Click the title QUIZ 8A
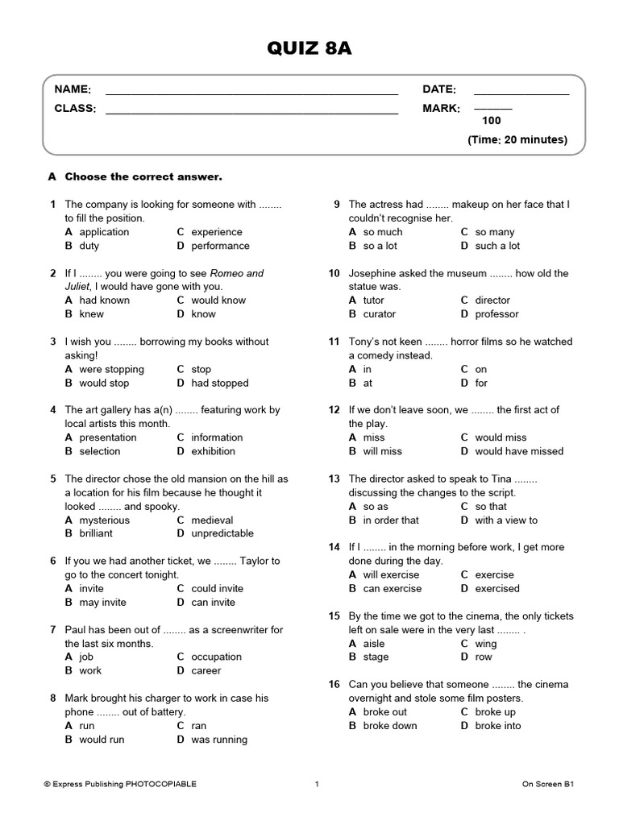click(x=309, y=50)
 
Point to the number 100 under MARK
click(x=492, y=121)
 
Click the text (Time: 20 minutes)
click(x=517, y=139)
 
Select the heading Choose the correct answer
click(x=143, y=176)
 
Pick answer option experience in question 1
click(x=216, y=232)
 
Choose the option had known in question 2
click(x=104, y=301)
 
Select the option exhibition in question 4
click(x=213, y=451)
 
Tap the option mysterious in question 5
click(x=104, y=520)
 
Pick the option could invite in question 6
click(x=217, y=588)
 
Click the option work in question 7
click(x=90, y=670)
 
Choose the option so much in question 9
click(x=382, y=232)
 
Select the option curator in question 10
click(x=379, y=314)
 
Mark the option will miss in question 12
click(x=382, y=451)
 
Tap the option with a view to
click(x=506, y=520)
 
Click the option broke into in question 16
click(x=497, y=725)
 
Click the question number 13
click(x=334, y=479)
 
